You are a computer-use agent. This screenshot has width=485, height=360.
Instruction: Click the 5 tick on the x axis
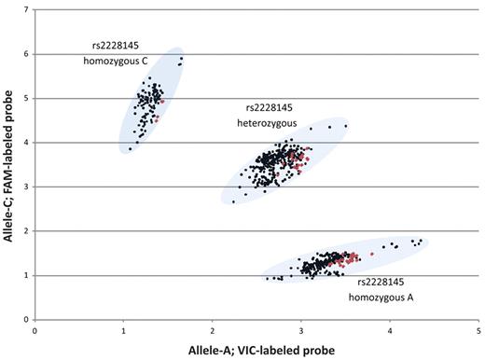tap(478, 329)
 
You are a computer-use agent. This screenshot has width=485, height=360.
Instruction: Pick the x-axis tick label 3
tap(301, 329)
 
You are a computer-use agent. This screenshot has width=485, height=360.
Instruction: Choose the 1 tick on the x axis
tap(124, 329)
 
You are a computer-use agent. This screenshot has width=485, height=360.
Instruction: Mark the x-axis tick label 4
tap(390, 329)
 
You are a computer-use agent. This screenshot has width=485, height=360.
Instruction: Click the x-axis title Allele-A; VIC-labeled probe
tap(256, 349)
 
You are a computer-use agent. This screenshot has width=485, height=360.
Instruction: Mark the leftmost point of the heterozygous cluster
tap(233, 201)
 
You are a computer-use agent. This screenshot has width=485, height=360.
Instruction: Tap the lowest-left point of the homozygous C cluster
tap(130, 149)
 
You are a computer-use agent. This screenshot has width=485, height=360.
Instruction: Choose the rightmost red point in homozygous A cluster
tap(371, 253)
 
